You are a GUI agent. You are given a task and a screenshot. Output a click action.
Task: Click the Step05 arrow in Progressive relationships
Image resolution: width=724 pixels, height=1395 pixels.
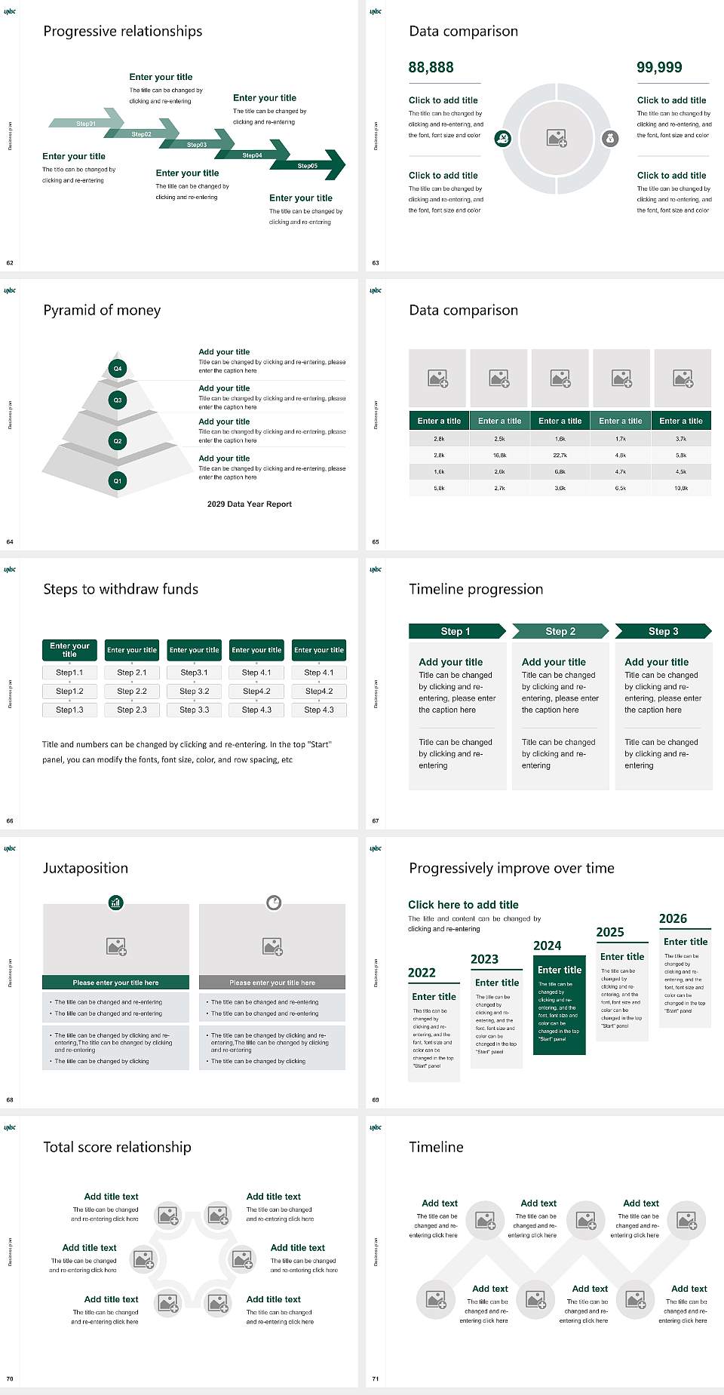[x=309, y=165]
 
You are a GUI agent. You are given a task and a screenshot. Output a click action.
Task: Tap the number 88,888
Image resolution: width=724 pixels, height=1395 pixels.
[x=431, y=67]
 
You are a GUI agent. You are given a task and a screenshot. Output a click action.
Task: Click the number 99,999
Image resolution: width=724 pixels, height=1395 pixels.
[x=659, y=67]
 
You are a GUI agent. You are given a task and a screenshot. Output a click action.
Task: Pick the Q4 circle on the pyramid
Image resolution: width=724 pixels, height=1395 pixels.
[x=118, y=369]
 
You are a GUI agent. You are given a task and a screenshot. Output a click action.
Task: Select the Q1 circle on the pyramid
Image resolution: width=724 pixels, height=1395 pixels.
[x=118, y=480]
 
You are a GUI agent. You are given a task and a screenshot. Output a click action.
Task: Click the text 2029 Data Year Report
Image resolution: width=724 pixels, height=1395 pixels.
[x=250, y=504]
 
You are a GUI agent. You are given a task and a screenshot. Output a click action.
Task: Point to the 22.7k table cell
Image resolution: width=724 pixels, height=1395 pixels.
[x=560, y=455]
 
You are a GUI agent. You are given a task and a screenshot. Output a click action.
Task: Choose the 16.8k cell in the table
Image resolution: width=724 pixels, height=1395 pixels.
[x=499, y=455]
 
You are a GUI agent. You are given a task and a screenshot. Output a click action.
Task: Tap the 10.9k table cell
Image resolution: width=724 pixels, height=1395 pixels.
[x=681, y=488]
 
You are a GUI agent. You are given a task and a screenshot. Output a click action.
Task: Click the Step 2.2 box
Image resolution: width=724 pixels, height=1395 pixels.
[x=132, y=691]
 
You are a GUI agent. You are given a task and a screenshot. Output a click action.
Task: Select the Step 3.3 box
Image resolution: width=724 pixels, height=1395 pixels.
[x=194, y=710]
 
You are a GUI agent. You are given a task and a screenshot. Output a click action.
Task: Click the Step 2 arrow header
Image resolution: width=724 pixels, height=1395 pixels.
[x=560, y=631]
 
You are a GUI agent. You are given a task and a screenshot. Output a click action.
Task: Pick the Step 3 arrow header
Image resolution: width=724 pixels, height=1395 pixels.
[x=663, y=631]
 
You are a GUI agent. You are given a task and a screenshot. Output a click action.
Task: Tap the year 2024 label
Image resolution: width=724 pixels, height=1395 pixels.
[x=547, y=946]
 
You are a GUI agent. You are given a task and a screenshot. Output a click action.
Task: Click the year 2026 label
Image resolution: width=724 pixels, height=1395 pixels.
[x=673, y=918]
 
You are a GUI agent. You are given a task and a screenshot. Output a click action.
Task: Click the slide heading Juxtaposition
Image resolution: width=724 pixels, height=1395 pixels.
[x=85, y=868]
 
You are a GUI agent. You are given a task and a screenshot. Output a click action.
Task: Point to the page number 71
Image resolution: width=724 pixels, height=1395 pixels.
[x=376, y=1378]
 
